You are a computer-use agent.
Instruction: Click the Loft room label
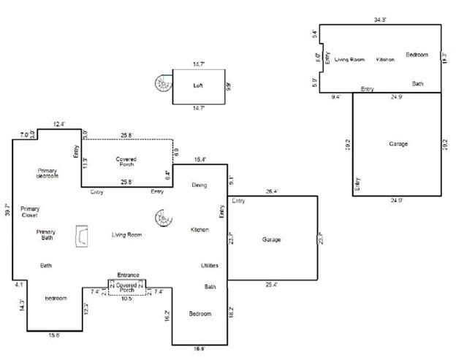coord(197,85)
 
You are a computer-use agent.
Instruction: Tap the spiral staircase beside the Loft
coord(161,85)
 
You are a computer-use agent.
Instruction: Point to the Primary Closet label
coord(30,212)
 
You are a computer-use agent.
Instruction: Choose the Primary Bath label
coord(45,235)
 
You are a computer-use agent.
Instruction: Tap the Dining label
coord(199,185)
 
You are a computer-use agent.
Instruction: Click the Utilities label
coord(210,265)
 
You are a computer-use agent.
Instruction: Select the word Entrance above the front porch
coord(128,275)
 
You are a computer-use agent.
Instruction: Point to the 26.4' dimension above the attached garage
coord(273,192)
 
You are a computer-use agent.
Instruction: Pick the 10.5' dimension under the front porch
coord(128,298)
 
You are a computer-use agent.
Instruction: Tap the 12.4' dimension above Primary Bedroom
coord(59,124)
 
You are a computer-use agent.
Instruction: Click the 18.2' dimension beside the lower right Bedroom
coord(232,312)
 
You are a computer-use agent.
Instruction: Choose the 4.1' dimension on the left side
coord(19,285)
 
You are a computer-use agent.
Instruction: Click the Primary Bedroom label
coord(47,173)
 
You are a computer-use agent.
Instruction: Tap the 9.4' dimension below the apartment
coord(336,96)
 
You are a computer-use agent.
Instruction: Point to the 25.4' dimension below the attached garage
coord(273,285)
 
